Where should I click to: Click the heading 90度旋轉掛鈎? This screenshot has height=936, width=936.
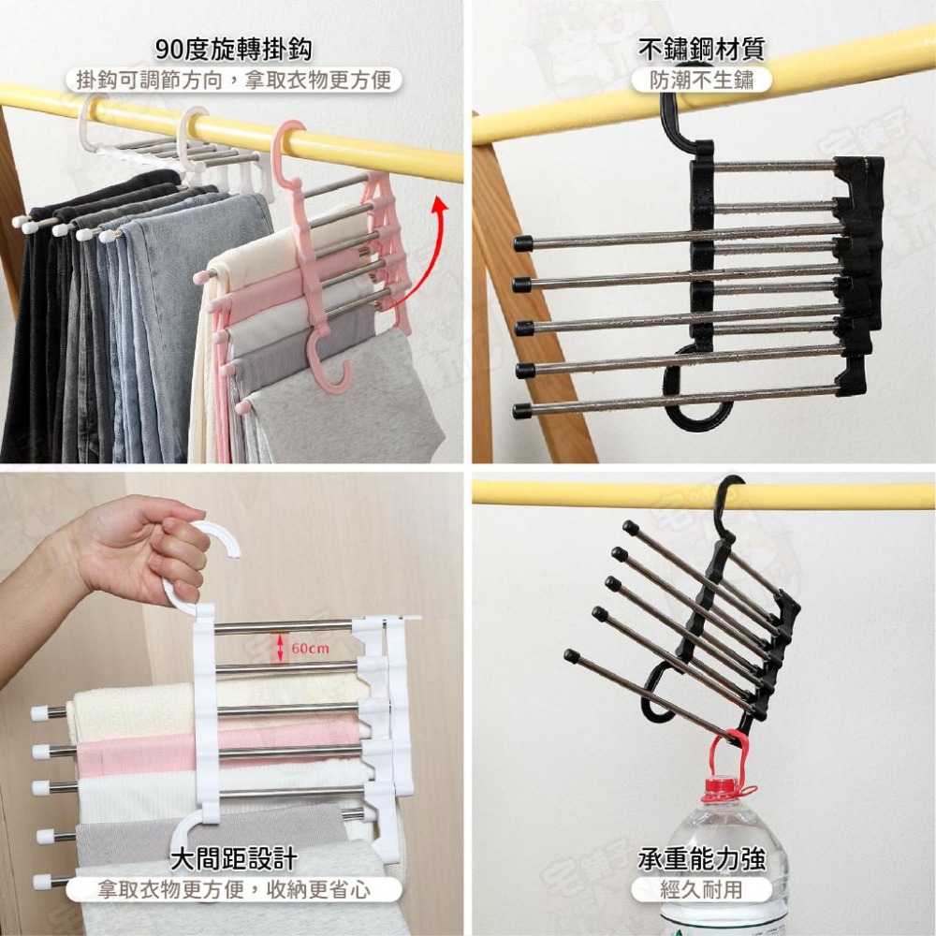tap(233, 49)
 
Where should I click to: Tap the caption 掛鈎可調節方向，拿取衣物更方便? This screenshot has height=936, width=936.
tap(233, 80)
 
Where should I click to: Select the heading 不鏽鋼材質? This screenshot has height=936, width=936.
tap(701, 49)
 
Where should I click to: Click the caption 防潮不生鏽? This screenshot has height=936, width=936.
tap(701, 80)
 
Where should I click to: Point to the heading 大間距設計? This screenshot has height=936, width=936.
tap(233, 859)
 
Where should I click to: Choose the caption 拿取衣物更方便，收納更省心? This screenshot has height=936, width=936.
tap(233, 890)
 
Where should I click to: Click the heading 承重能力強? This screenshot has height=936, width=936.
tap(701, 859)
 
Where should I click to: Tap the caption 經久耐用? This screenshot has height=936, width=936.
tap(701, 890)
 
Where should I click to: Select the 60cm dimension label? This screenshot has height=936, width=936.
tap(311, 648)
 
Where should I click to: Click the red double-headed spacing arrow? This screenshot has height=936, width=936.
tap(279, 648)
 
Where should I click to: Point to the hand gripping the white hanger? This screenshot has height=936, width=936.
tap(134, 549)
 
